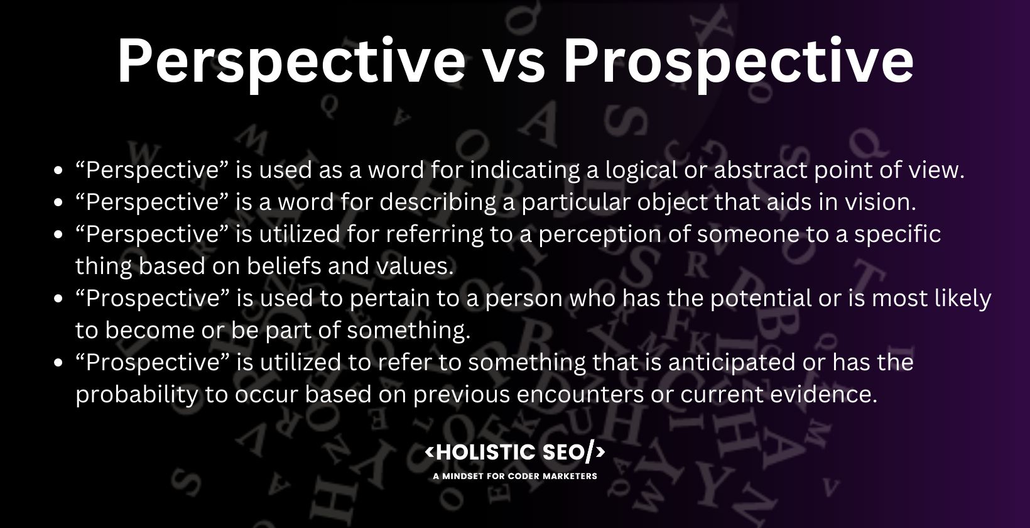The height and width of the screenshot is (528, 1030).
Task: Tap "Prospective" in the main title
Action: click(739, 61)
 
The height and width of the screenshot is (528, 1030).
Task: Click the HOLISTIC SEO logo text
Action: click(515, 452)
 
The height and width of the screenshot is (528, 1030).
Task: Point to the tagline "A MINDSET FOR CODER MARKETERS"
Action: click(515, 476)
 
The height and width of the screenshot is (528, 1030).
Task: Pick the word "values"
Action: click(415, 266)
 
